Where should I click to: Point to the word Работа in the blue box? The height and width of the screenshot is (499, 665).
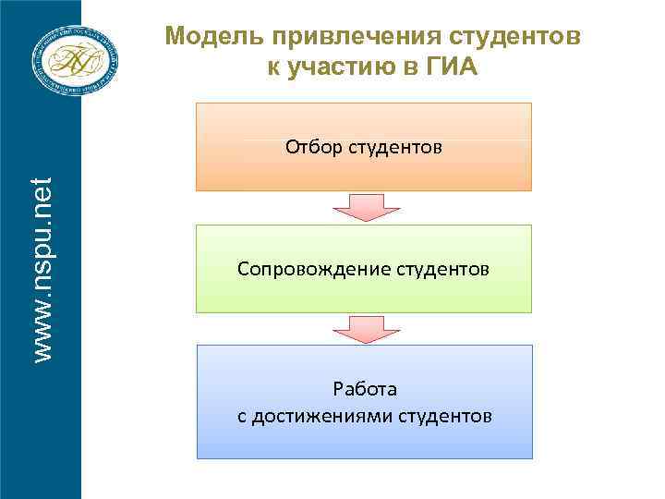click(x=364, y=390)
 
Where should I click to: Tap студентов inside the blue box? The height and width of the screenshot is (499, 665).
click(x=446, y=417)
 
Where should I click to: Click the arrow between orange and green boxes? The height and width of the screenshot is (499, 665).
click(x=364, y=207)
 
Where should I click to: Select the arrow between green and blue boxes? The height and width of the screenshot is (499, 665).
click(x=364, y=327)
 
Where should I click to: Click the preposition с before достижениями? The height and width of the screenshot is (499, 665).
click(x=242, y=417)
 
